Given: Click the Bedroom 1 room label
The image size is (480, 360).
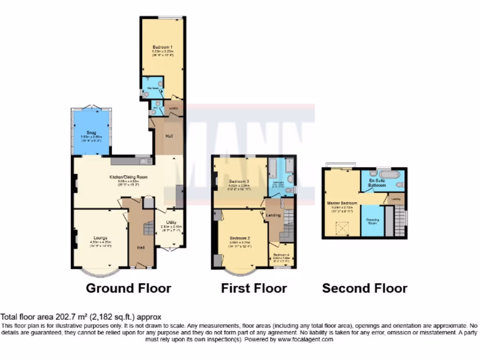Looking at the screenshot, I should coord(163,47).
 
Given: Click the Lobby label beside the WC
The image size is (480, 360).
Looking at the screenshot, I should coord(174,108).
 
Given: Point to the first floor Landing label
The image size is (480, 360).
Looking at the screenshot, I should coord(273,215).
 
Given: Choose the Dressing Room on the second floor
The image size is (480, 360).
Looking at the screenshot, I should coord(372,222).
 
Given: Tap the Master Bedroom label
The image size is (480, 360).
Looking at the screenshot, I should coord(342,203).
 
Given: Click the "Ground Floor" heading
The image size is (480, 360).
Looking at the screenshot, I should coord(128,288).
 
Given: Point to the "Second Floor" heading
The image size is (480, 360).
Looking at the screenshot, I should coord(365,288).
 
